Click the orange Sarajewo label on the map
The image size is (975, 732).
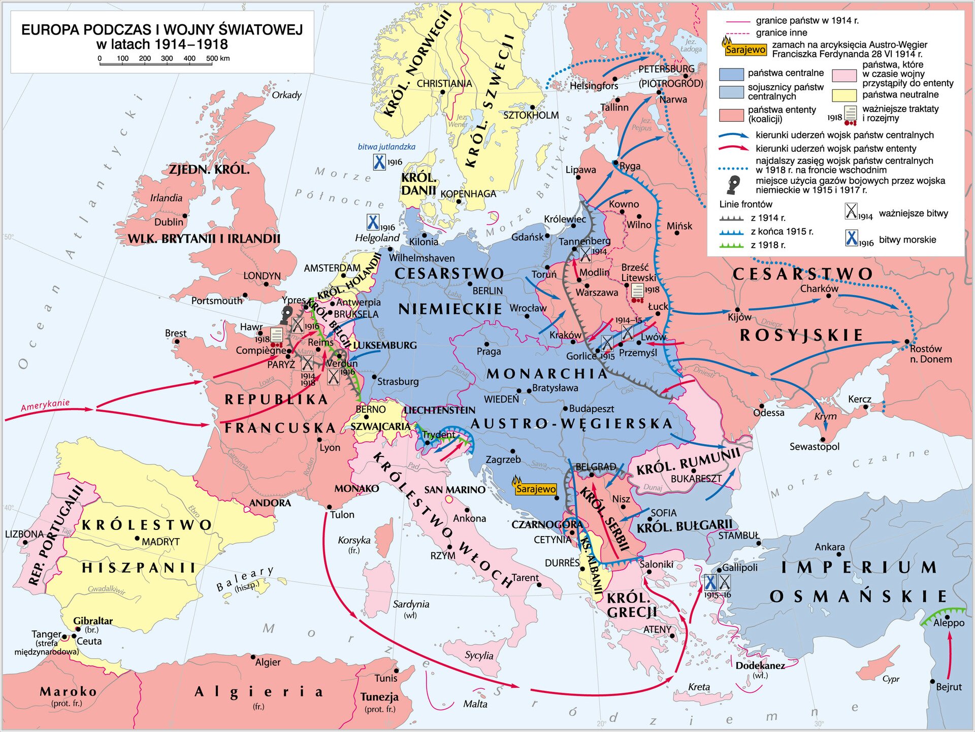click(536, 489)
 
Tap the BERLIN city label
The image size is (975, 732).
click(487, 291)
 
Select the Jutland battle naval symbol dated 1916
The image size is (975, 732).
click(379, 162)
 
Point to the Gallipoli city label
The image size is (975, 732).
click(740, 567)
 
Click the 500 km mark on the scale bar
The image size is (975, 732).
click(212, 58)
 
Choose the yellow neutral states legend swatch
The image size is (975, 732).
click(844, 95)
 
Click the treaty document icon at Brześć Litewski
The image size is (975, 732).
click(637, 291)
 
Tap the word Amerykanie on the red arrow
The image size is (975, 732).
click(45, 405)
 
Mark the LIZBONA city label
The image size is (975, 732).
click(24, 534)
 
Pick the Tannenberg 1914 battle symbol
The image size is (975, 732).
click(586, 254)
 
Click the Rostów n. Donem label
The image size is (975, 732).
click(930, 354)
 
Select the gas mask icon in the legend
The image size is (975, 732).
click(733, 185)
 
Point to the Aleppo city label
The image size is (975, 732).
click(949, 623)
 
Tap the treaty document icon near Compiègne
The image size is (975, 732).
click(276, 335)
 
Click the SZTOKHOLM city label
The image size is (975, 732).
click(531, 115)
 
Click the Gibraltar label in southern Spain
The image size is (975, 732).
click(93, 620)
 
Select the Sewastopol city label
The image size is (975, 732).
click(814, 447)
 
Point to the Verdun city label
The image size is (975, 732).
click(342, 363)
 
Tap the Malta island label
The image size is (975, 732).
click(475, 704)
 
